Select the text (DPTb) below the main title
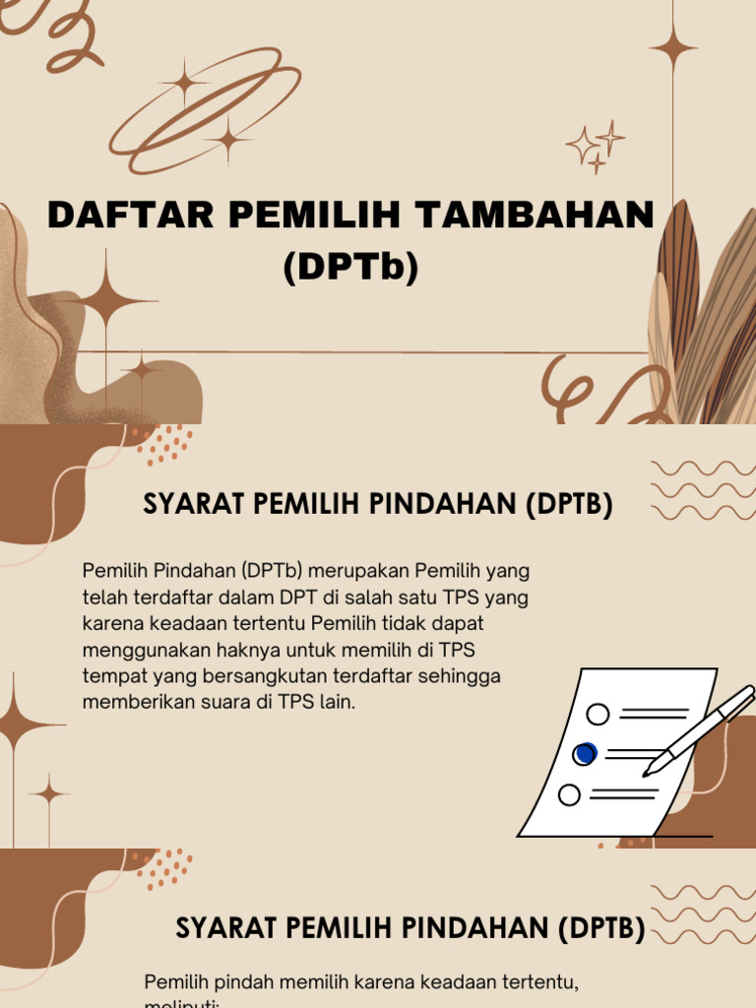coord(350,267)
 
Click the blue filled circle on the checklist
coord(585,754)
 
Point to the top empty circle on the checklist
coord(598,714)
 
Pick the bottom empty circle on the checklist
coord(569,794)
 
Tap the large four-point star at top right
coord(673,46)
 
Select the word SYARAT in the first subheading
coord(194,504)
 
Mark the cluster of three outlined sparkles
coord(597,147)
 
